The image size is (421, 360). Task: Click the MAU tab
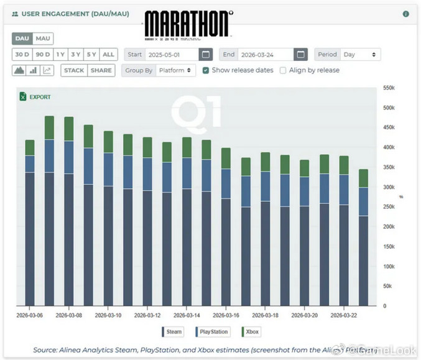(42, 39)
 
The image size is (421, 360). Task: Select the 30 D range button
(22, 55)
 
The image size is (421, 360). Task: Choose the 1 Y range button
(60, 55)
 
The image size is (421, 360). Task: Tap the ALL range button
(108, 55)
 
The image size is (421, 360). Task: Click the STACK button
(74, 70)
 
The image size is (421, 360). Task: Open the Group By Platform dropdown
(175, 70)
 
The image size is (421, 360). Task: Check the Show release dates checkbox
(206, 70)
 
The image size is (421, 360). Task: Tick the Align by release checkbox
(283, 70)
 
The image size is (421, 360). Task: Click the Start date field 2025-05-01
(172, 55)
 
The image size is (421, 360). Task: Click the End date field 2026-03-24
(266, 55)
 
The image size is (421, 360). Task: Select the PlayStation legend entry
(212, 331)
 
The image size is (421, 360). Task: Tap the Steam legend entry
(172, 331)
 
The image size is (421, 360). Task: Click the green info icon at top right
(406, 14)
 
